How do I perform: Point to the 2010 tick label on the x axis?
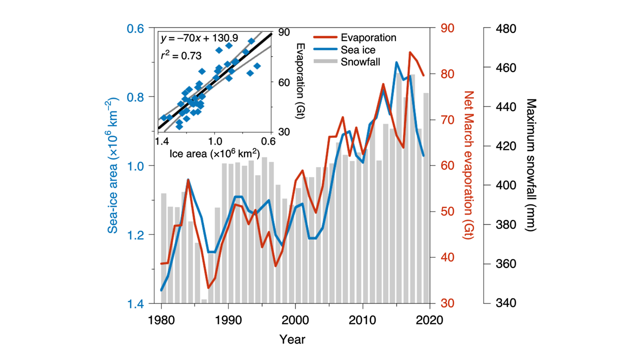[362, 320]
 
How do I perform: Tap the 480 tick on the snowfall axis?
[505, 28]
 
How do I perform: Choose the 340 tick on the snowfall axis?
[505, 303]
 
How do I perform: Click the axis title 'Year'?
[292, 339]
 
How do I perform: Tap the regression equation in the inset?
[199, 38]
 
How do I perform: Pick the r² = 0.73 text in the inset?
[181, 54]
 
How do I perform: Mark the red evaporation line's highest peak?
[410, 52]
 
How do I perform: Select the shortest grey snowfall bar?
[204, 301]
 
